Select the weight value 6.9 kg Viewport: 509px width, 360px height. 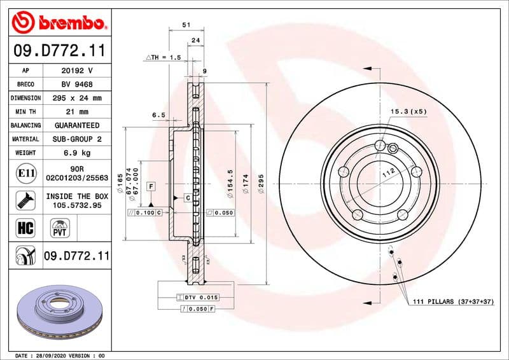click(77, 153)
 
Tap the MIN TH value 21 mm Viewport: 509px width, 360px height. click(77, 112)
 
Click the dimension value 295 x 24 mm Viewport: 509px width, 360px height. click(77, 99)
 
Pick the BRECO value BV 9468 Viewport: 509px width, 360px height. click(77, 85)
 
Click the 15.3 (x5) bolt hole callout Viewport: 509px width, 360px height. click(408, 111)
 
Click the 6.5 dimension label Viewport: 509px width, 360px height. click(158, 115)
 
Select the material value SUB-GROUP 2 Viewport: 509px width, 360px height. click(77, 139)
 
